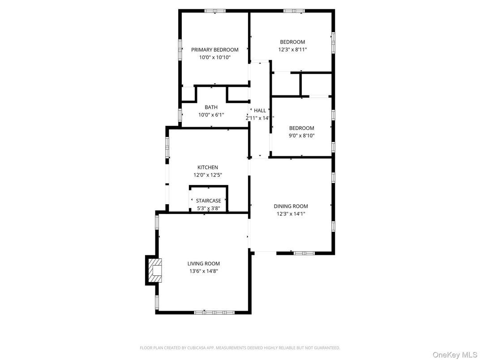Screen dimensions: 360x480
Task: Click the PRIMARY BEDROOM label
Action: (214, 50)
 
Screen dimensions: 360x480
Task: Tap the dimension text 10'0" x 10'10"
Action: (214, 57)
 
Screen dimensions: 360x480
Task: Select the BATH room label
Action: (211, 107)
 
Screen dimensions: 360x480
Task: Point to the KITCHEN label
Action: (208, 167)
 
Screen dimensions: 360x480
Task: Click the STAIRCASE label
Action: (208, 201)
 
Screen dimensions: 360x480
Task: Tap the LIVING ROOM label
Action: (203, 264)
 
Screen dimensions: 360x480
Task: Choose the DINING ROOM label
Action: (291, 206)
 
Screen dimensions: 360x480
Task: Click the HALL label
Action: (260, 111)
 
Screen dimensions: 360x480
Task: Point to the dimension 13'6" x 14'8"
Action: (203, 271)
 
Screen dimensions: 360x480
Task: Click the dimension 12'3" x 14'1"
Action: (291, 214)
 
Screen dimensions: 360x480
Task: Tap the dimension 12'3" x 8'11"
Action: (292, 50)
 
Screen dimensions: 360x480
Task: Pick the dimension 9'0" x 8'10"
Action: (301, 135)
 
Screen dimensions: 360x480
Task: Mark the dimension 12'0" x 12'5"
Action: (208, 175)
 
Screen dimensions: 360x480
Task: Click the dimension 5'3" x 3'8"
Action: (208, 208)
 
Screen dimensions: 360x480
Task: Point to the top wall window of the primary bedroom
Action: (214, 11)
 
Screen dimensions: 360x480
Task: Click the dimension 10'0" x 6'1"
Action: (211, 115)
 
